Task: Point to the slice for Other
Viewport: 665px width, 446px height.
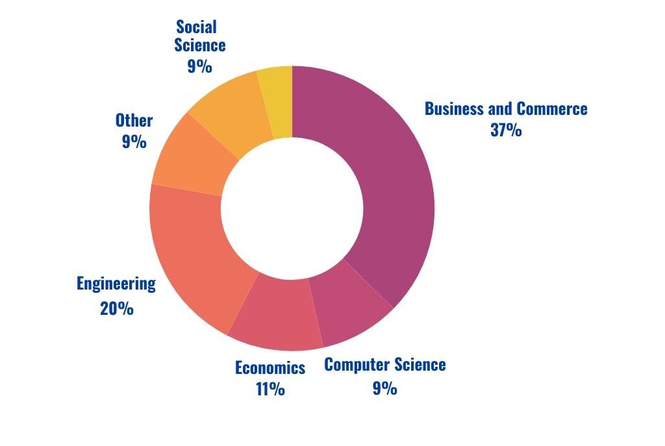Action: click(x=188, y=156)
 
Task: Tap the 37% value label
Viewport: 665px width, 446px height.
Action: click(x=506, y=130)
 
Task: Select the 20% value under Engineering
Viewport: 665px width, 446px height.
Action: click(x=117, y=308)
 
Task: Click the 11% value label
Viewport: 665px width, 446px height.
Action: click(x=270, y=390)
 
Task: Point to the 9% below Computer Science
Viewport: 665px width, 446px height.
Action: click(x=384, y=388)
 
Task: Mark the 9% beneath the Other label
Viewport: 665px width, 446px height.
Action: click(x=134, y=141)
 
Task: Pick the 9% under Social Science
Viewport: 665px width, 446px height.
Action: click(x=199, y=66)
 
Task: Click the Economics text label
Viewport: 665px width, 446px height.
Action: click(x=270, y=368)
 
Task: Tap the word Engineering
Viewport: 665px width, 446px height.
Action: click(x=116, y=284)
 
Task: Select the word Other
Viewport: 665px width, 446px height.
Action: click(x=134, y=120)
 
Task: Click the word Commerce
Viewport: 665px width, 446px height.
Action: click(x=551, y=108)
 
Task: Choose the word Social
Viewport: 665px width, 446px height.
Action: click(x=196, y=27)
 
